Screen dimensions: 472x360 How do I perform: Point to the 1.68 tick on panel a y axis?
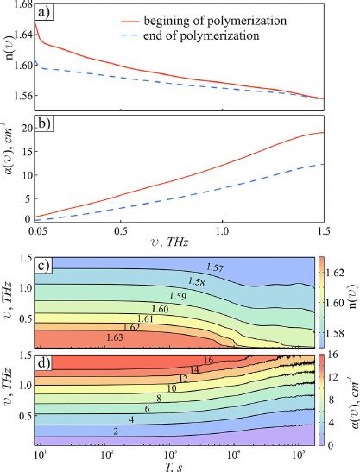pyautogui.click(x=20, y=5)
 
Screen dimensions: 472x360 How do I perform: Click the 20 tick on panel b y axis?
pyautogui.click(x=25, y=128)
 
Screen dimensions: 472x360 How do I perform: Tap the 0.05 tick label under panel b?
pyautogui.click(x=37, y=234)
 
